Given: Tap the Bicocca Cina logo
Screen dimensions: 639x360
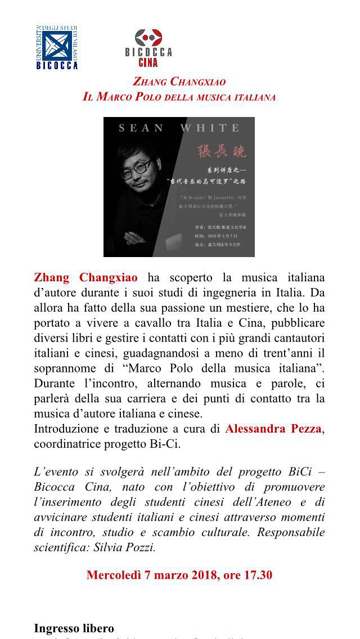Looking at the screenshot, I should point(148,44).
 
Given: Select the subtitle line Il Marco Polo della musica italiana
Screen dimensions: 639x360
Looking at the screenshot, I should point(179,97).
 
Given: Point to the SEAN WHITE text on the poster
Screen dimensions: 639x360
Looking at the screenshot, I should point(179,128).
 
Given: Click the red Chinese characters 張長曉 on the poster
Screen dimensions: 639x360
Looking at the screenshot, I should point(224,151).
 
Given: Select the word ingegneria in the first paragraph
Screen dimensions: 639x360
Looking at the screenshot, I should point(235,293).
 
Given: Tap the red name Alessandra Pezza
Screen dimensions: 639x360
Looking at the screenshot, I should point(273,429).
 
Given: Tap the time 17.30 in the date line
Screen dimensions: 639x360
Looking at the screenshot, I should point(257,575).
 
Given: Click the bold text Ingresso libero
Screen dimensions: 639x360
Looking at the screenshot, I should point(74,628).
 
